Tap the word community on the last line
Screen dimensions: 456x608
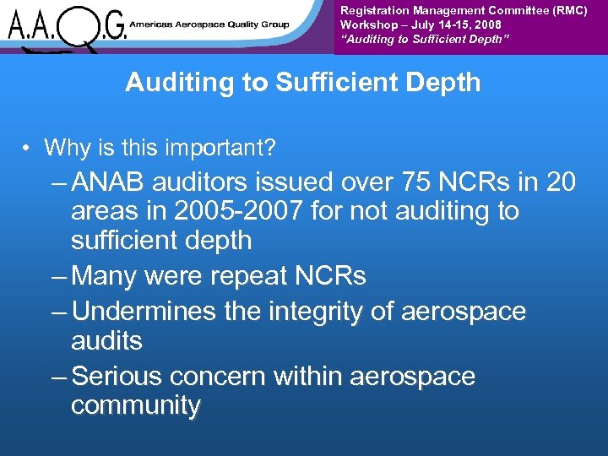[x=136, y=406]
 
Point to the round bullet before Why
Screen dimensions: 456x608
[x=28, y=149]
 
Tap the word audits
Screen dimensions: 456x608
[x=107, y=341]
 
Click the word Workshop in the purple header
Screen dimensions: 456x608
[x=366, y=24]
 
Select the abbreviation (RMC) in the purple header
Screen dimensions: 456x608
[x=567, y=10]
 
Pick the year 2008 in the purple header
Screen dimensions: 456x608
[x=487, y=24]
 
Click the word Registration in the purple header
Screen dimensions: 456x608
[x=375, y=10]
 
